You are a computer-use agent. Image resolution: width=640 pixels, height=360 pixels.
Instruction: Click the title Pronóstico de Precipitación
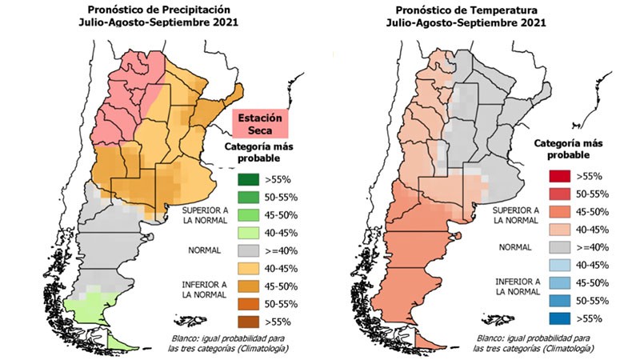click(x=150, y=10)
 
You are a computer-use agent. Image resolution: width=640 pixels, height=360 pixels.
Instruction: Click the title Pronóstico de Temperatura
click(x=465, y=10)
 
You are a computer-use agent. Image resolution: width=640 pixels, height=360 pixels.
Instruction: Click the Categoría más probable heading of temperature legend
click(x=567, y=150)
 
